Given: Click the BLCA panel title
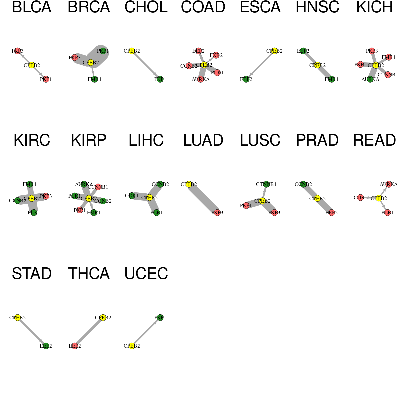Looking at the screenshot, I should pyautogui.click(x=32, y=7).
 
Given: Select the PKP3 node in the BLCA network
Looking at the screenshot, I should pyautogui.click(x=18, y=51).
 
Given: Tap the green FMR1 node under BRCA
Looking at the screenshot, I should pyautogui.click(x=94, y=79).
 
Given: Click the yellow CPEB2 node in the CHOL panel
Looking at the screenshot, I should pyautogui.click(x=132, y=51).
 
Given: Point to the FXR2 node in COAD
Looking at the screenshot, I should pyautogui.click(x=216, y=55).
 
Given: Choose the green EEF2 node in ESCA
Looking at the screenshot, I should pyautogui.click(x=246, y=79).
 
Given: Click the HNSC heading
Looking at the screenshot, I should pyautogui.click(x=317, y=7).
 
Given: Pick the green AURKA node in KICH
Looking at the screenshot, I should pyautogui.click(x=370, y=79).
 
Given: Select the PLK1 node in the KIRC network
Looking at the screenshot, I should pyautogui.click(x=34, y=212).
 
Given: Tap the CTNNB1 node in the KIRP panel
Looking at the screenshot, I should pyautogui.click(x=98, y=187).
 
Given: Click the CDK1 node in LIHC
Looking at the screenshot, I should pyautogui.click(x=132, y=196).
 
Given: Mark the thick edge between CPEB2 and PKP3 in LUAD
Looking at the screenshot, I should pyautogui.click(x=203, y=198).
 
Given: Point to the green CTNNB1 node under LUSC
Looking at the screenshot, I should pyautogui.click(x=266, y=184).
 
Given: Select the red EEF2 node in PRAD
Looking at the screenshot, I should pyautogui.click(x=331, y=213).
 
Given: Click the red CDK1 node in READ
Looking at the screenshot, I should pyautogui.click(x=360, y=198).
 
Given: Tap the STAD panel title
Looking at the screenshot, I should pyautogui.click(x=32, y=274).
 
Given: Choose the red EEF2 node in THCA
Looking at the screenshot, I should pyautogui.click(x=75, y=346).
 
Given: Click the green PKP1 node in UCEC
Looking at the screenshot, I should pyautogui.click(x=160, y=318).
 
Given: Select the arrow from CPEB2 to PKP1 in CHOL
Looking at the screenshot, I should pyautogui.click(x=146, y=65).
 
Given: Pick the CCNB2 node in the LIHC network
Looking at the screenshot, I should pyautogui.click(x=160, y=184).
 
